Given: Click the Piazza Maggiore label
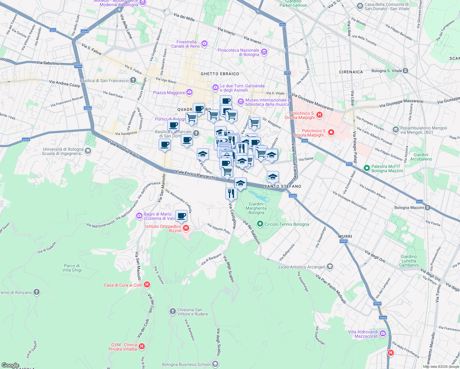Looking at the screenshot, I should [x=169, y=93].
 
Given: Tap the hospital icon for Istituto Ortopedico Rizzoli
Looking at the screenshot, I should [x=186, y=228].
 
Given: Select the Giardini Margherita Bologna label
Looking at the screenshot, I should [x=256, y=208].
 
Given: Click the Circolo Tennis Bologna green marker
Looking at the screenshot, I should [x=260, y=224].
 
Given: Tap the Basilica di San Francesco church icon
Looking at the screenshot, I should [x=133, y=81].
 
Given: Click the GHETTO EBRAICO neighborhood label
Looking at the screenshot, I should [x=220, y=74].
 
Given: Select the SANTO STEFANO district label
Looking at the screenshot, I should [x=283, y=186].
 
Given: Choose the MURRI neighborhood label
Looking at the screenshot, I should [x=345, y=236].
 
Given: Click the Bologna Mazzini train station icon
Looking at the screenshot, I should [x=427, y=208].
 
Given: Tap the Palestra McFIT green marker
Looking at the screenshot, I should [x=367, y=168].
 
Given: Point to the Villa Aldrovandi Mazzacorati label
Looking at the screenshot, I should [x=363, y=334].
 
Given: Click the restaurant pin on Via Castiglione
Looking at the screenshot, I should [x=231, y=194].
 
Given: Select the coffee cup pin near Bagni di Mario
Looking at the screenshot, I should [x=181, y=216].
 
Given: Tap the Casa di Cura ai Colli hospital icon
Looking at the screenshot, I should [x=147, y=285].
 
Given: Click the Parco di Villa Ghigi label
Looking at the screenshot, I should [x=72, y=268].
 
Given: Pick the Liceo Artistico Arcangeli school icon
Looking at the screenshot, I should [x=330, y=266].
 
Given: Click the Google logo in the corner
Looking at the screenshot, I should [x=10, y=365].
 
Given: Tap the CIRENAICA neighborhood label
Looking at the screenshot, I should [x=351, y=72].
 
